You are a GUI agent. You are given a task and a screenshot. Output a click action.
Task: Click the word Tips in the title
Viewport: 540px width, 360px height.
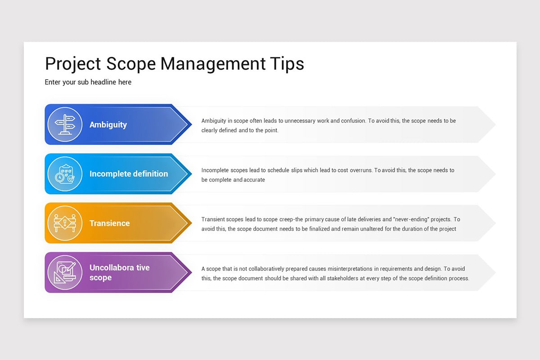click(x=287, y=63)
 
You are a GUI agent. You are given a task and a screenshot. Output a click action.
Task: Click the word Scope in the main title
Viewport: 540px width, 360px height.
click(x=130, y=63)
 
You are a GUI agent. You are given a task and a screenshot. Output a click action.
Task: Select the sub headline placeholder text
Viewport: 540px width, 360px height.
click(x=88, y=82)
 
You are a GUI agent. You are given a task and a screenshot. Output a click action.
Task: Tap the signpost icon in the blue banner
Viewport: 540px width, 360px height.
click(x=65, y=125)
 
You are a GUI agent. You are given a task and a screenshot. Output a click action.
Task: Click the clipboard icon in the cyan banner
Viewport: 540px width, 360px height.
click(x=65, y=174)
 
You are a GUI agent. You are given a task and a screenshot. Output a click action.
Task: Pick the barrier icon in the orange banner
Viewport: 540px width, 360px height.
click(x=65, y=223)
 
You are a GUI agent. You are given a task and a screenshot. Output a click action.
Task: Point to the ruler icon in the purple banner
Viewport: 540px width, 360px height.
click(x=65, y=273)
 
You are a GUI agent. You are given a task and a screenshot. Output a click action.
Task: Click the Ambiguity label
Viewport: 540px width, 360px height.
click(x=108, y=125)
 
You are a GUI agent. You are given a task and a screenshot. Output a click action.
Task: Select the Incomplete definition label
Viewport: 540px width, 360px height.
click(x=129, y=174)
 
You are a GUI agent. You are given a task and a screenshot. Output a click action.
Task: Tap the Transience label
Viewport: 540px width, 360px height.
click(x=109, y=223)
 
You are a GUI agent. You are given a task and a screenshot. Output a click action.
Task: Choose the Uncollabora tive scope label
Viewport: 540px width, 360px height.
click(x=119, y=273)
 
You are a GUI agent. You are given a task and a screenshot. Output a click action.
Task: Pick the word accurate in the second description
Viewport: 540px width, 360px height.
click(x=254, y=180)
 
